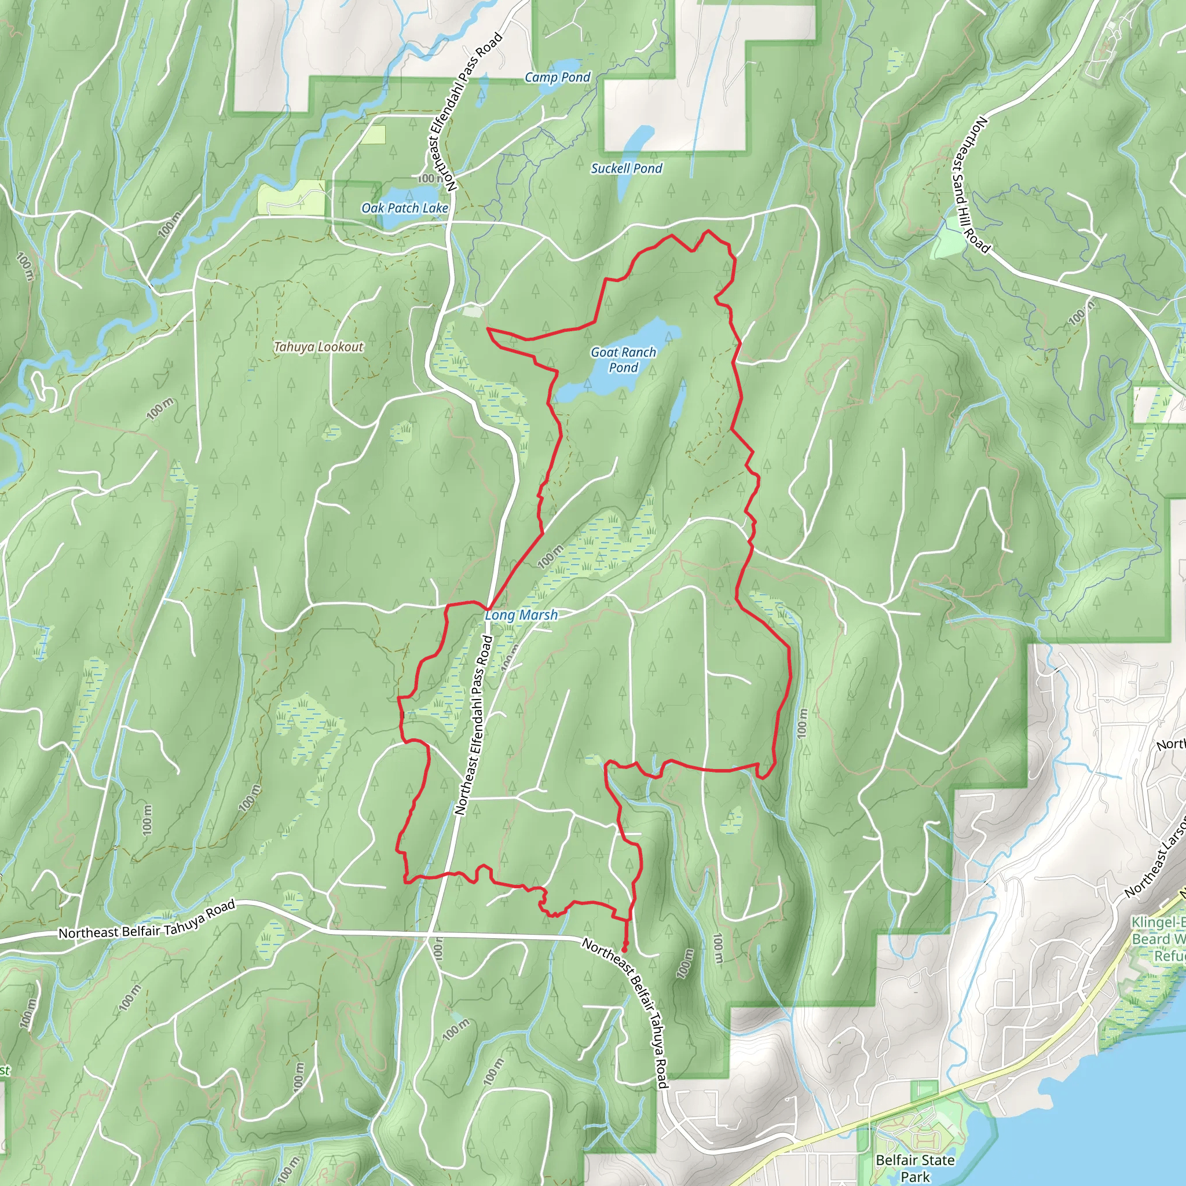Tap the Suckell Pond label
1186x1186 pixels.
point(626,168)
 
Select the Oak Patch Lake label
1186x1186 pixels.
point(405,208)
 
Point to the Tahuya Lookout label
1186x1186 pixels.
point(319,347)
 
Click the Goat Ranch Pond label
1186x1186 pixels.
point(623,360)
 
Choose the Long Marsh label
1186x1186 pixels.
point(521,614)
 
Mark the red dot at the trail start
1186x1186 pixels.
point(625,950)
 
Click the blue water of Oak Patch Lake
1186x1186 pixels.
point(402,221)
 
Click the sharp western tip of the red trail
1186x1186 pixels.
point(488,329)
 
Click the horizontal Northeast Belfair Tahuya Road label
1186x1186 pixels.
point(147,919)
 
